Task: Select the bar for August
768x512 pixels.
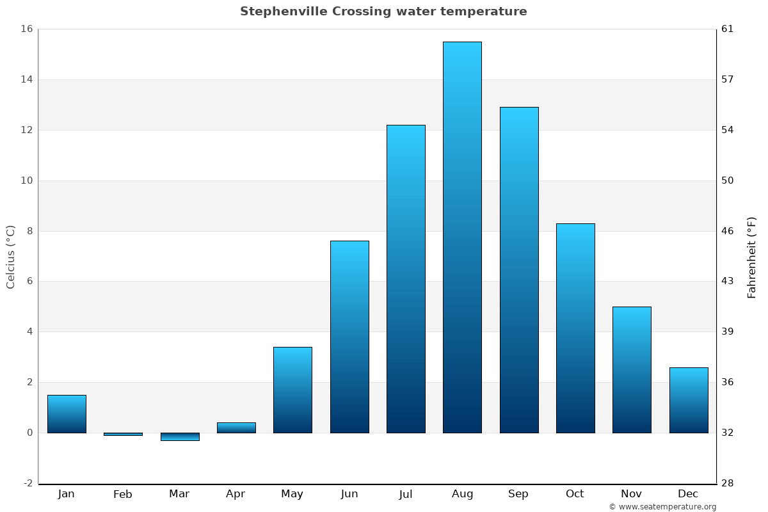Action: (462, 237)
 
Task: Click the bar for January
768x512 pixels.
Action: (67, 414)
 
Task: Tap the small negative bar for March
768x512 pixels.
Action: (180, 437)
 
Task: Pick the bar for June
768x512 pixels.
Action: (349, 337)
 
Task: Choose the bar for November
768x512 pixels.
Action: (632, 370)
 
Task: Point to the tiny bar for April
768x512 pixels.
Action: (236, 428)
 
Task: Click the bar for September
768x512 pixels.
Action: (519, 269)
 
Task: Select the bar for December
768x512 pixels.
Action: (689, 400)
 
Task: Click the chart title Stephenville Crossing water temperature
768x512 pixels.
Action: (383, 12)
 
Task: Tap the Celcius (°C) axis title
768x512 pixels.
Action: (10, 257)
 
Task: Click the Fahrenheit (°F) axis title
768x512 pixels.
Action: (752, 257)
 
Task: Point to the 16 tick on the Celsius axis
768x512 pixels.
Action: (26, 29)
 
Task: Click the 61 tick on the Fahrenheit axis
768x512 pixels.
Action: (728, 29)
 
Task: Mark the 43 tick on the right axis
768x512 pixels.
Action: (728, 281)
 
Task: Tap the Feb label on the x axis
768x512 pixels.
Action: (123, 494)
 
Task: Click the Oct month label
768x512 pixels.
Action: (575, 494)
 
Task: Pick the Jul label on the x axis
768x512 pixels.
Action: (406, 494)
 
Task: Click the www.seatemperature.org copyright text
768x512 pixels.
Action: (662, 507)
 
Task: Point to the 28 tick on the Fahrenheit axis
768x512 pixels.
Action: (728, 483)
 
